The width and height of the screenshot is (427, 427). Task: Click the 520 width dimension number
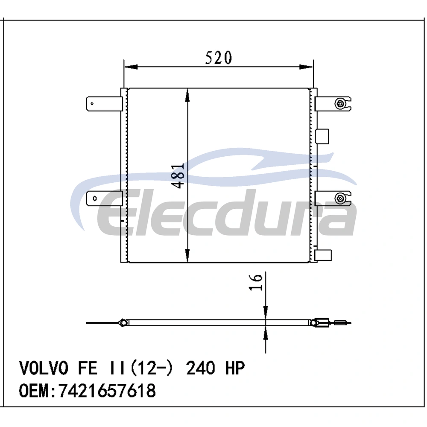pyautogui.click(x=218, y=58)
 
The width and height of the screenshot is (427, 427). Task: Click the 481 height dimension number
pyautogui.click(x=178, y=176)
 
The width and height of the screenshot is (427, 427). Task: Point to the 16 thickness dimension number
pyautogui.click(x=256, y=282)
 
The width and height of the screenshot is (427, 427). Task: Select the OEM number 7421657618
pyautogui.click(x=107, y=391)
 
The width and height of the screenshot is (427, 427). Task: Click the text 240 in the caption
pyautogui.click(x=200, y=368)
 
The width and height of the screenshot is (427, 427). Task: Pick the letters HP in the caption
pyautogui.click(x=234, y=368)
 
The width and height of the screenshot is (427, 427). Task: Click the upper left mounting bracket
pyautogui.click(x=104, y=104)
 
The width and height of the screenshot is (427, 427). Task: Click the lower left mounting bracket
pyautogui.click(x=104, y=198)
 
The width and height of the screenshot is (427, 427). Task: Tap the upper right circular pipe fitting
pyautogui.click(x=340, y=103)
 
